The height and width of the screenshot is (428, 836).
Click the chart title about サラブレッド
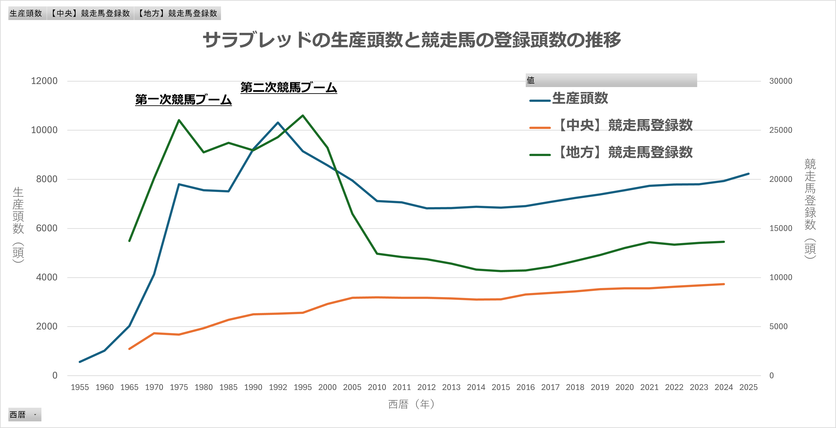(412, 40)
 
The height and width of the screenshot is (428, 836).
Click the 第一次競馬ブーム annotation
(183, 100)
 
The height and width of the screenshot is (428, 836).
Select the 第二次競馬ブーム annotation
(288, 87)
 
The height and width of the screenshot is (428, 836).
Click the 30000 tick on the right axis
(780, 81)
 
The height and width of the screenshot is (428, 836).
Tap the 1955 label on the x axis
(80, 387)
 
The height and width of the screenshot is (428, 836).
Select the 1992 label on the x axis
(278, 387)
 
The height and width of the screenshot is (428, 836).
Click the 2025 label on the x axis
(748, 387)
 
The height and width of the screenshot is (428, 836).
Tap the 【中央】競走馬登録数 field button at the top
(90, 13)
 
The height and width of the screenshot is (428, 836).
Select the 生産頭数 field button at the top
(26, 13)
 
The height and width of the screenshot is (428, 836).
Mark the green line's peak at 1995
(303, 115)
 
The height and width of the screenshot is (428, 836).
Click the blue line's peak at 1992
(278, 123)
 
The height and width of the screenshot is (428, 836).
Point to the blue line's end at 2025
(748, 174)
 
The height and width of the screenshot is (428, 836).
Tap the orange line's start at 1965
(130, 349)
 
